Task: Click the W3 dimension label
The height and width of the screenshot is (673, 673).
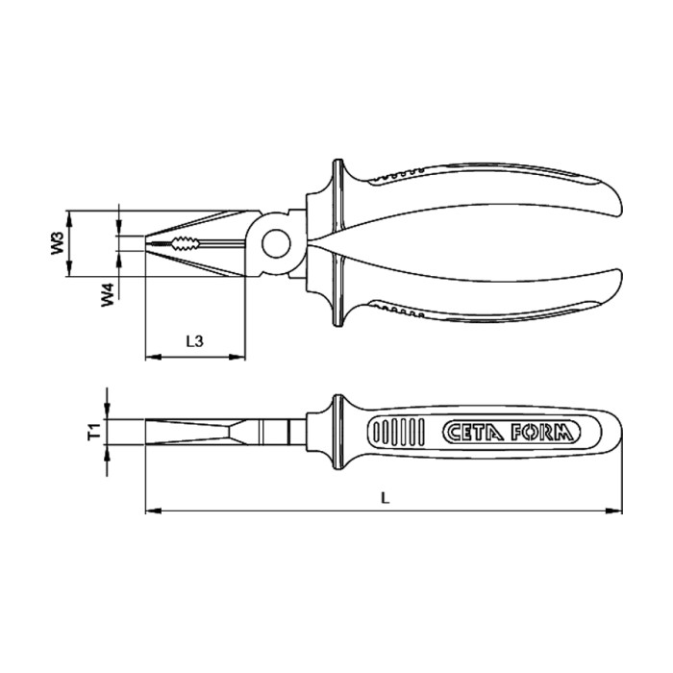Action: pyautogui.click(x=57, y=242)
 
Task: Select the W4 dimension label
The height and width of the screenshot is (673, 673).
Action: pyautogui.click(x=109, y=294)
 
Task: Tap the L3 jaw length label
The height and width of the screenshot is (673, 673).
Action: pyautogui.click(x=192, y=340)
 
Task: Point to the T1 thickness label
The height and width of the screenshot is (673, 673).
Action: pyautogui.click(x=93, y=433)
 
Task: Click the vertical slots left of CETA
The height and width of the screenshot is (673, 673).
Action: pyautogui.click(x=399, y=433)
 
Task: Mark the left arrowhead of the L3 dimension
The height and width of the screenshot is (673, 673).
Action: pyautogui.click(x=150, y=359)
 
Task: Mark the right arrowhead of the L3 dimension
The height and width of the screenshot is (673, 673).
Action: pyautogui.click(x=239, y=359)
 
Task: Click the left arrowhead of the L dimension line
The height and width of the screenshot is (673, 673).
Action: pyautogui.click(x=151, y=511)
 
